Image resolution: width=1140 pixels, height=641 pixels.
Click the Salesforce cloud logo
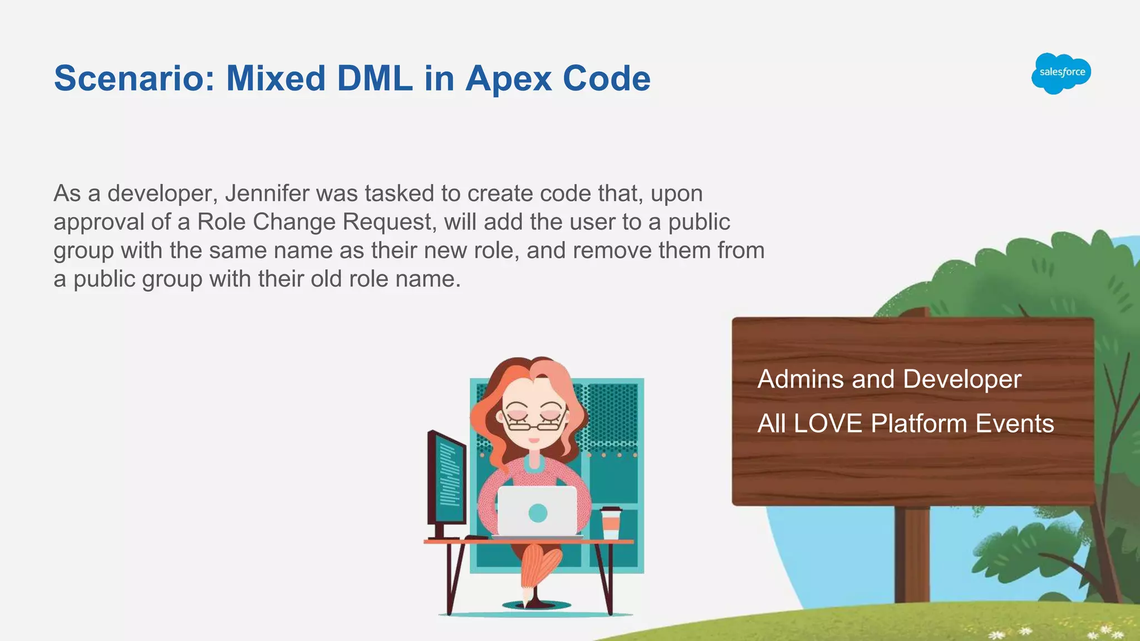pos(1061,73)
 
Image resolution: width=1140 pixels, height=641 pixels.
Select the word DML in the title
pos(375,78)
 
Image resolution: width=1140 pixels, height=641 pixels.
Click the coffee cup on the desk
pos(611,523)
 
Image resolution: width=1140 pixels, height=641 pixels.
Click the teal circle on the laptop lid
pos(537,512)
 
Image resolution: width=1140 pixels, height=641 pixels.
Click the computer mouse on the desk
pos(476,537)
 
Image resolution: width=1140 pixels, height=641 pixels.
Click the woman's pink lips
pos(534,440)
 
